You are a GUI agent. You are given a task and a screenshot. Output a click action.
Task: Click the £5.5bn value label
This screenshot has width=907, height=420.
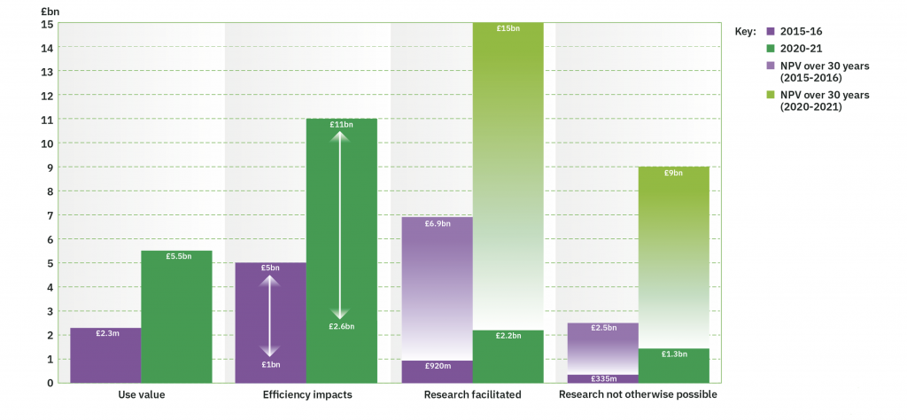pyautogui.click(x=176, y=256)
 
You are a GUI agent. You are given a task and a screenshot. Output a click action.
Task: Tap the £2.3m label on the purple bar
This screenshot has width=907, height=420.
pyautogui.click(x=105, y=333)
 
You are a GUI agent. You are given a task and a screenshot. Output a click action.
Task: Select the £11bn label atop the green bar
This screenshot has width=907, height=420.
pyautogui.click(x=341, y=124)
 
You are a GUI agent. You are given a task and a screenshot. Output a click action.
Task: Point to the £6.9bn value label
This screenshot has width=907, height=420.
pyautogui.click(x=437, y=223)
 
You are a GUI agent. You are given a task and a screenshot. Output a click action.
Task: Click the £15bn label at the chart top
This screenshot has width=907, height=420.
pyautogui.click(x=508, y=28)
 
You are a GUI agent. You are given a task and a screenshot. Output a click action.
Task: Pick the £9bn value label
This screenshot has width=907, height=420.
pyautogui.click(x=673, y=173)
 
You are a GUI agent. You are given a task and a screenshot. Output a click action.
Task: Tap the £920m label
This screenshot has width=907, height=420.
pyautogui.click(x=437, y=366)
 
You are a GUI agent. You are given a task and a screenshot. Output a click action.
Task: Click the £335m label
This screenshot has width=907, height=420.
pyautogui.click(x=602, y=379)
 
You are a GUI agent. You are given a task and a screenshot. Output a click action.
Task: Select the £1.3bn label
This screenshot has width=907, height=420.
pyautogui.click(x=673, y=354)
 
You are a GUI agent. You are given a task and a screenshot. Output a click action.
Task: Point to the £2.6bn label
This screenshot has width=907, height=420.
pyautogui.click(x=341, y=327)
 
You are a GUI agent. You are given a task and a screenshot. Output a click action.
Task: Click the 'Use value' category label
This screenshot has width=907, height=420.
pyautogui.click(x=141, y=394)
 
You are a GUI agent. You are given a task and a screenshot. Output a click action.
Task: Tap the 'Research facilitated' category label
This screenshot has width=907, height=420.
pyautogui.click(x=472, y=394)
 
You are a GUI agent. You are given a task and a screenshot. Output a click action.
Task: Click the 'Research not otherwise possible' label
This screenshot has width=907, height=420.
pyautogui.click(x=638, y=394)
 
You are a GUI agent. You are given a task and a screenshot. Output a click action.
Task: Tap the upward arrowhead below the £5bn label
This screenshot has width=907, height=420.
pyautogui.click(x=270, y=281)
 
